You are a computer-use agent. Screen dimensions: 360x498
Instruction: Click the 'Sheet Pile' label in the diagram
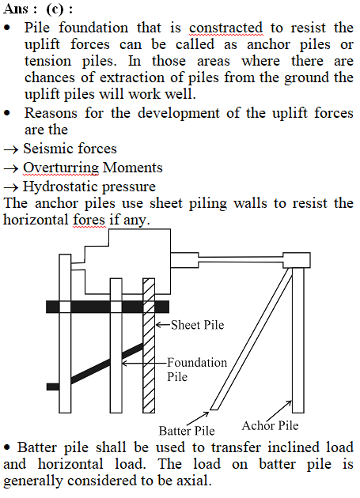(x=198, y=325)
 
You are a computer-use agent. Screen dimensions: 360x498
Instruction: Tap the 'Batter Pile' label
(x=187, y=431)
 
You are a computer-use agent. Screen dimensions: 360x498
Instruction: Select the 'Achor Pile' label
(x=270, y=425)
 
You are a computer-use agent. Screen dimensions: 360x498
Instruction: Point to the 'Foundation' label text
(x=197, y=362)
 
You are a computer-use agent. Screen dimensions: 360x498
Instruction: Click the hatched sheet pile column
(x=149, y=345)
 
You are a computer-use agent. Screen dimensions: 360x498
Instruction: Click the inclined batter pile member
(x=252, y=339)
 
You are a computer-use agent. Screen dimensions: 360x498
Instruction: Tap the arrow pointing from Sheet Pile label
(x=163, y=325)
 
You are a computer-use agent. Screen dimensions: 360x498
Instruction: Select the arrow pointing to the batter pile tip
(x=198, y=418)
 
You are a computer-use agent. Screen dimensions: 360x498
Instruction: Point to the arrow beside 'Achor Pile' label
(x=279, y=411)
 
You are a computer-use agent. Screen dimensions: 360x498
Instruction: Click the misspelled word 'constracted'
(x=225, y=28)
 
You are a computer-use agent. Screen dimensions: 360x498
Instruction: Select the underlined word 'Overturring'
(x=61, y=168)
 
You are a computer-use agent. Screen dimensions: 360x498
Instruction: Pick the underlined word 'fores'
(x=89, y=220)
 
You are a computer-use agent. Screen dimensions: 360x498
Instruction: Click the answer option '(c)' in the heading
(x=55, y=9)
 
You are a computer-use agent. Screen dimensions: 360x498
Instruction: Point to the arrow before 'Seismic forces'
(x=11, y=149)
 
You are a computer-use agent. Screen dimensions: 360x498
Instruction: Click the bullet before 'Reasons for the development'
(x=7, y=113)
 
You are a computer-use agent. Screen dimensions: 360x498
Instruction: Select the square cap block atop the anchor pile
(x=297, y=260)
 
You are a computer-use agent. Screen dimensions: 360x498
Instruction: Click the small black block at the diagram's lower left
(x=53, y=387)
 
